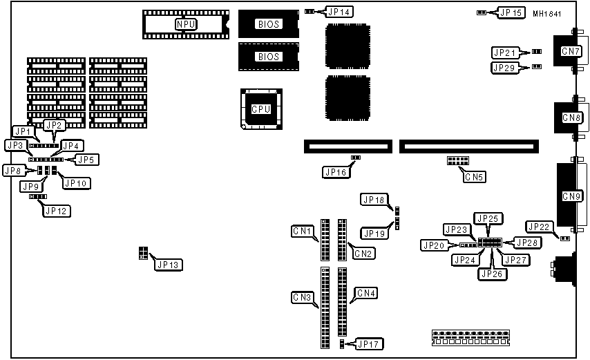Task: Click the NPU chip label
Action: tap(185, 24)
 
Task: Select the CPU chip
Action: tap(260, 109)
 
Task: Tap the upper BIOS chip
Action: tap(268, 24)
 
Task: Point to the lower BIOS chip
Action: tap(268, 57)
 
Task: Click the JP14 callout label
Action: tap(339, 12)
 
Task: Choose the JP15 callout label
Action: tap(511, 12)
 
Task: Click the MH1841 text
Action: tap(546, 12)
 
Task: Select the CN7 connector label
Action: tap(571, 51)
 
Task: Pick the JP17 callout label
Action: tap(369, 343)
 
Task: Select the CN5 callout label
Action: tap(475, 176)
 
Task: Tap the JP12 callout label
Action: tap(57, 211)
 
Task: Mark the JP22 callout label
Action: tap(539, 226)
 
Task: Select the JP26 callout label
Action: tap(491, 274)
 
